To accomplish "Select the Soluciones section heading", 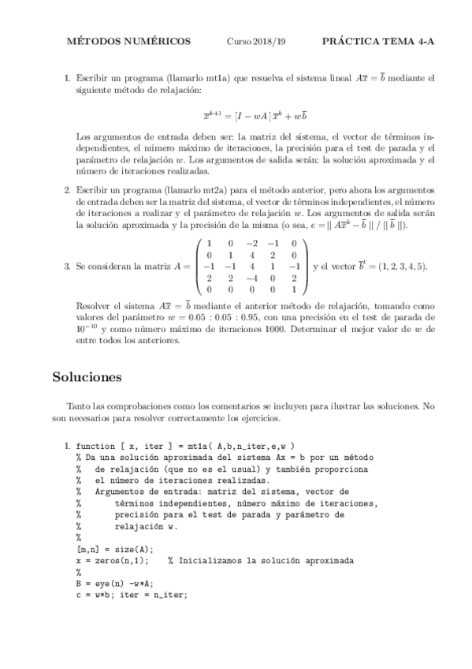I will tap(87, 377).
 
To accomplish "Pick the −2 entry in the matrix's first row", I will tap(251, 244).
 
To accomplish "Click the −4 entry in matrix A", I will tap(251, 278).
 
